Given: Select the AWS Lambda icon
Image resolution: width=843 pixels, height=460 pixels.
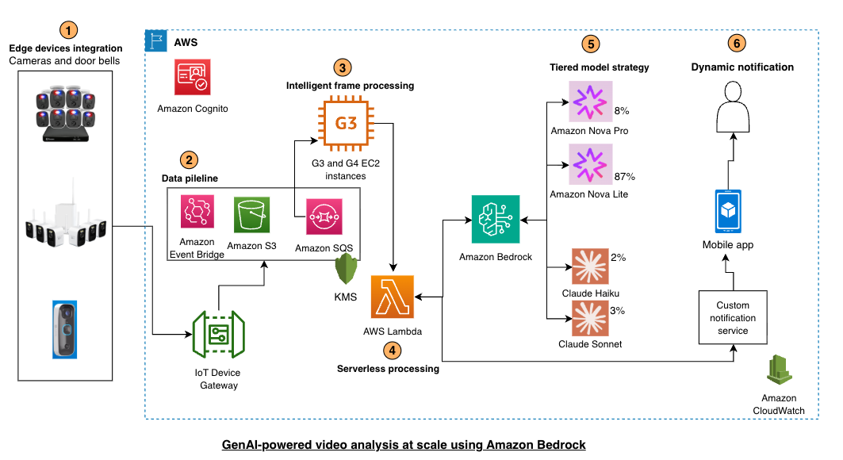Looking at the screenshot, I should point(393,297).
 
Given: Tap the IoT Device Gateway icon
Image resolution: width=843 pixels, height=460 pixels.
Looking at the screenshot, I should point(218,335).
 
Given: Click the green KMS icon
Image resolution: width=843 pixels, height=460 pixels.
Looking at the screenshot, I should point(345,271).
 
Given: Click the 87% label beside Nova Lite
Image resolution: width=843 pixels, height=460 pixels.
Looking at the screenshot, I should point(625,176).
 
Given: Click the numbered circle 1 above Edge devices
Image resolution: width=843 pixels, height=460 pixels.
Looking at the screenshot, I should point(71,30).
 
